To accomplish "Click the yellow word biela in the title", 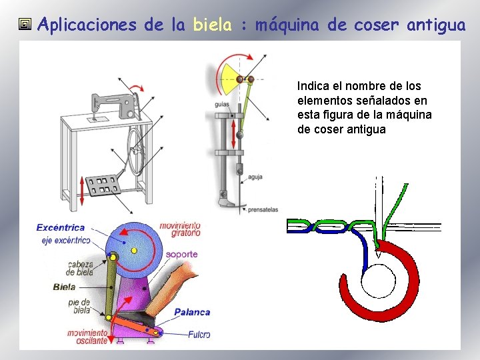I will click(x=212, y=25).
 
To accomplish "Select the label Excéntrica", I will click(x=60, y=228).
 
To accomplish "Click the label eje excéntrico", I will click(x=65, y=240).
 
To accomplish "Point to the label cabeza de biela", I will click(x=79, y=268).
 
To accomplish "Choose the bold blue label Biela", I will click(x=64, y=287).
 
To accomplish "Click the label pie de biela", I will click(x=79, y=306).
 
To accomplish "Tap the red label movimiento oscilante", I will click(x=87, y=337).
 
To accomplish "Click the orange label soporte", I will click(x=181, y=254).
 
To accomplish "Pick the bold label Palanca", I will click(x=192, y=312).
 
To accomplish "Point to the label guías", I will click(x=223, y=105).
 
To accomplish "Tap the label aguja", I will click(x=254, y=177).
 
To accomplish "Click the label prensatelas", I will click(x=263, y=209).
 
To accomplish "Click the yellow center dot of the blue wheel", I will click(x=134, y=250).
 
